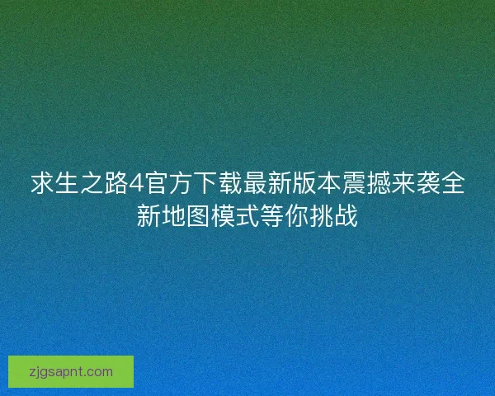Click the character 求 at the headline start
click(x=44, y=184)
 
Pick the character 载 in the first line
click(x=228, y=184)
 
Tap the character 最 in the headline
click(x=251, y=184)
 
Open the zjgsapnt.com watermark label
click(x=71, y=371)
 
